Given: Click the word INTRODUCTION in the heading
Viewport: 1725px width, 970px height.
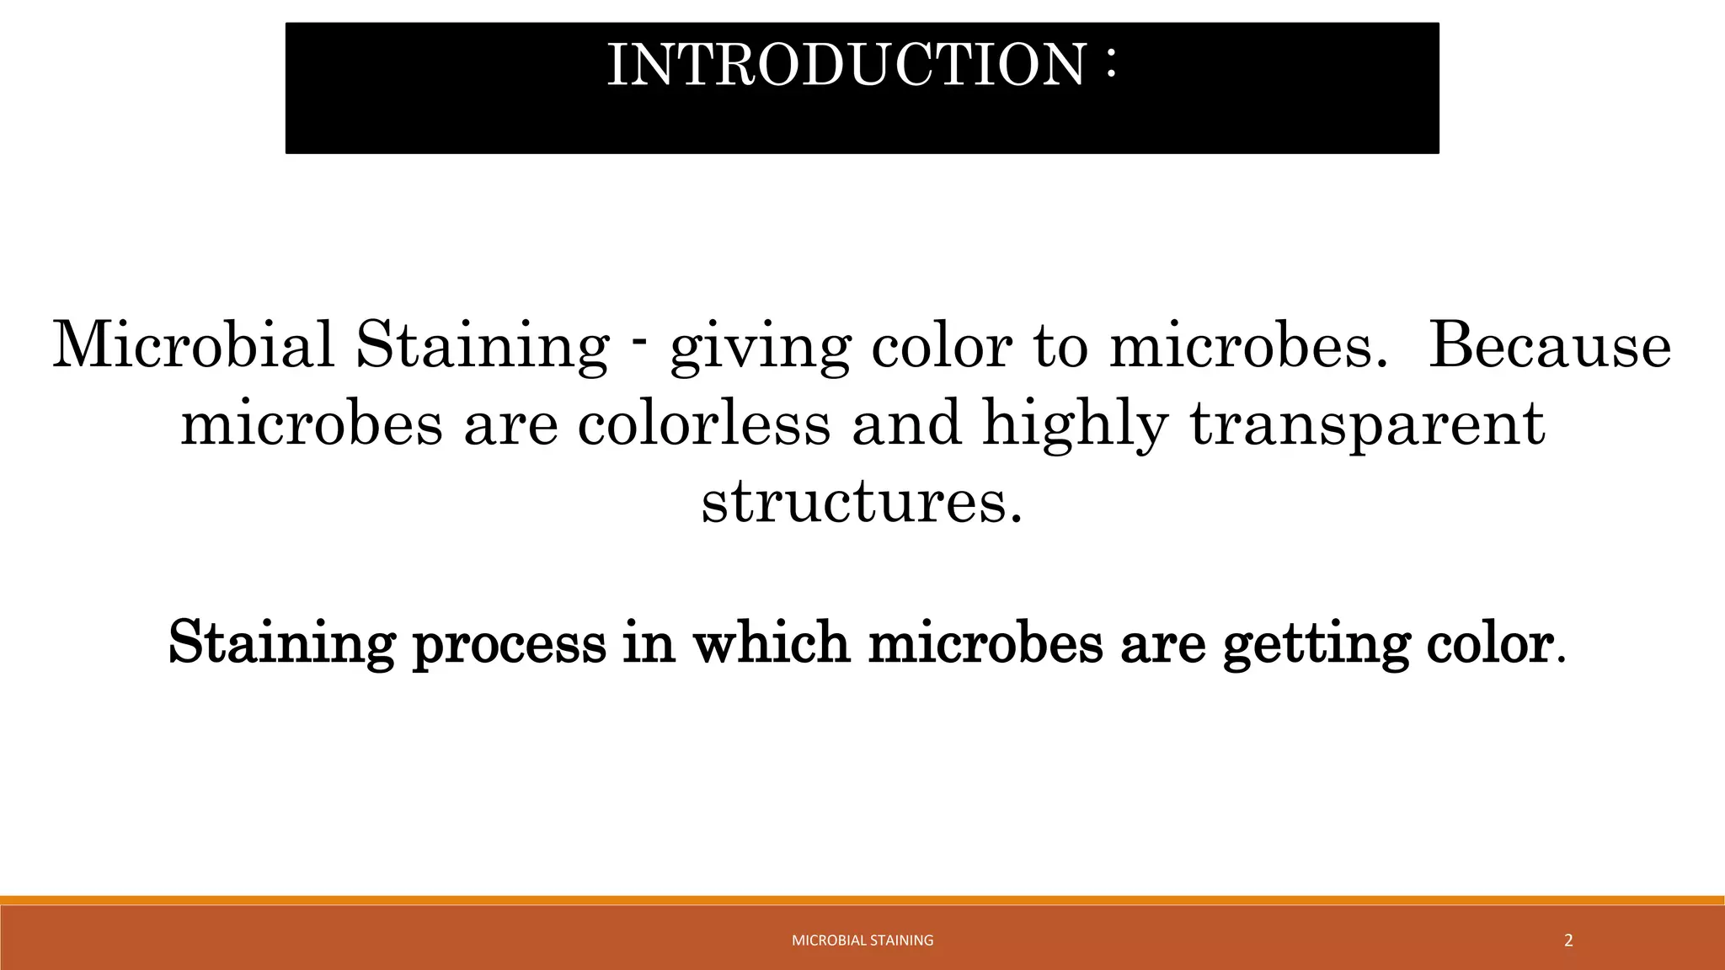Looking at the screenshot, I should (846, 65).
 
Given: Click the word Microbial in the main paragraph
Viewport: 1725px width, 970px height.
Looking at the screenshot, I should (194, 345).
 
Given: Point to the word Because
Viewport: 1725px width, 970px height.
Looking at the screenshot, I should (1550, 345).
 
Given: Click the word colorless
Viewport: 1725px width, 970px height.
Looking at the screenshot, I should (704, 423).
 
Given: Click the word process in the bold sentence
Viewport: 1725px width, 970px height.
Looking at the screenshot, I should (509, 645).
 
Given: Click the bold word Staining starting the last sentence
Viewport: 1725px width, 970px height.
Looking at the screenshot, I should (281, 645).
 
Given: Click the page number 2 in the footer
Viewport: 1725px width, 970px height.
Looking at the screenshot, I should (1567, 941).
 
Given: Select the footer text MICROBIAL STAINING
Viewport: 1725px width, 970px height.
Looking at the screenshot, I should (862, 941).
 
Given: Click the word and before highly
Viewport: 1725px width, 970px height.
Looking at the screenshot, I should (906, 423).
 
